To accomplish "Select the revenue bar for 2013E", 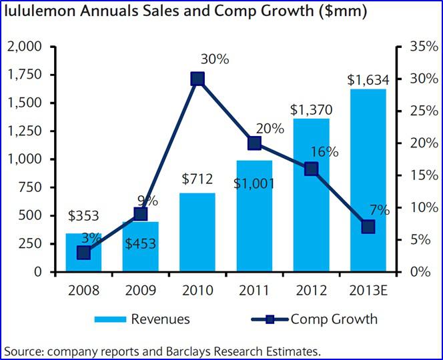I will click(367, 180).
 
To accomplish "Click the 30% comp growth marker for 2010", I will click(197, 79).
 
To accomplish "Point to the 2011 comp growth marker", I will click(254, 143).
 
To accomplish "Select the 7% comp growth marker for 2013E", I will click(368, 227).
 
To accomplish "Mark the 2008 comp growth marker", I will click(83, 253).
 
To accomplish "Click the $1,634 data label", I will click(367, 79).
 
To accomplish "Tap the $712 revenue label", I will click(197, 179).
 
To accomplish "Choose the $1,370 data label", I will click(310, 109).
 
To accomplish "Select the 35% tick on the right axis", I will click(420, 47).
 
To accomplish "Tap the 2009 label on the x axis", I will click(140, 291).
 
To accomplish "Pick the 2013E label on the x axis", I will click(367, 291).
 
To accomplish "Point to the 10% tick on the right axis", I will click(420, 207).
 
